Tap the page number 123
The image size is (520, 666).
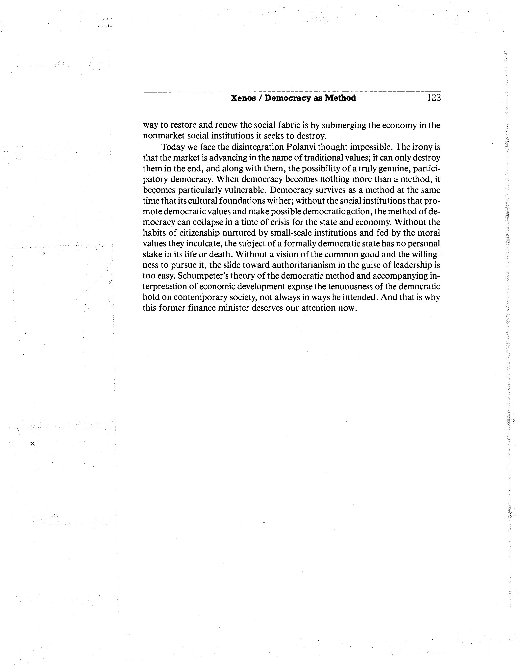click(x=434, y=98)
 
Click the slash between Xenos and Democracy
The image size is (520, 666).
click(x=260, y=98)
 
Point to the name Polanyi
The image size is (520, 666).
click(x=301, y=147)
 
